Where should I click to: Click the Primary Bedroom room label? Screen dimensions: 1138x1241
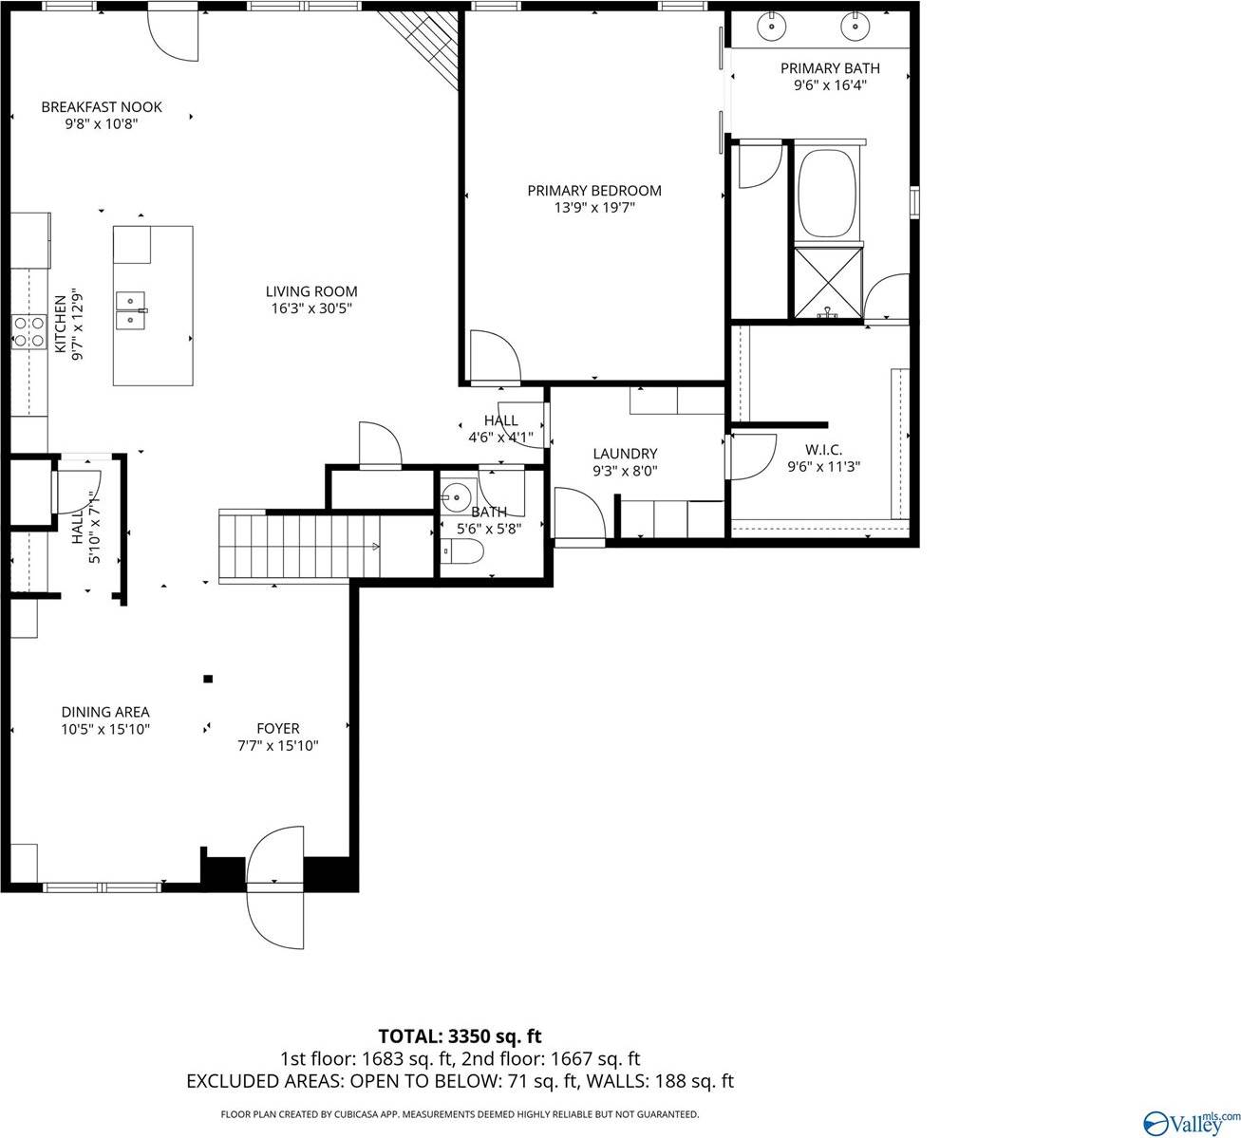pos(594,191)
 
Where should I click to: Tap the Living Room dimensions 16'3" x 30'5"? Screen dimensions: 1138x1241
pos(311,308)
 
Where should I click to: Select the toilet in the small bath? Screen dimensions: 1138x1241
pos(462,551)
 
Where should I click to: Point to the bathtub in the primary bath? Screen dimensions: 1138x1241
pos(827,195)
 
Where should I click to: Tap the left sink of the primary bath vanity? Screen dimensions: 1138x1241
pos(773,27)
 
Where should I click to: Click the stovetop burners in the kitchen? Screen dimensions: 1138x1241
pos(28,331)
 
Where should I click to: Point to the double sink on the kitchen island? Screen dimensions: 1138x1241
pos(130,310)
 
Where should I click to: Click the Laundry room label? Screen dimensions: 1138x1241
pos(625,454)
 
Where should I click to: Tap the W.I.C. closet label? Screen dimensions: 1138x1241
pos(823,450)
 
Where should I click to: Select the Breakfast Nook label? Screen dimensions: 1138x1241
pos(102,107)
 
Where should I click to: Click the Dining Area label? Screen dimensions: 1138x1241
pos(105,712)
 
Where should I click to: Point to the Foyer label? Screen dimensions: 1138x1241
pos(278,729)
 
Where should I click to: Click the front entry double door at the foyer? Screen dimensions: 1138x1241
pos(275,887)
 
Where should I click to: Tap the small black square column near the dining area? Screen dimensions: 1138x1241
pos(208,679)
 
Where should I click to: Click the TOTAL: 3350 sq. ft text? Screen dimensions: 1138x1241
pos(460,1035)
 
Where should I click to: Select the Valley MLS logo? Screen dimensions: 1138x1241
pos(1192,1122)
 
